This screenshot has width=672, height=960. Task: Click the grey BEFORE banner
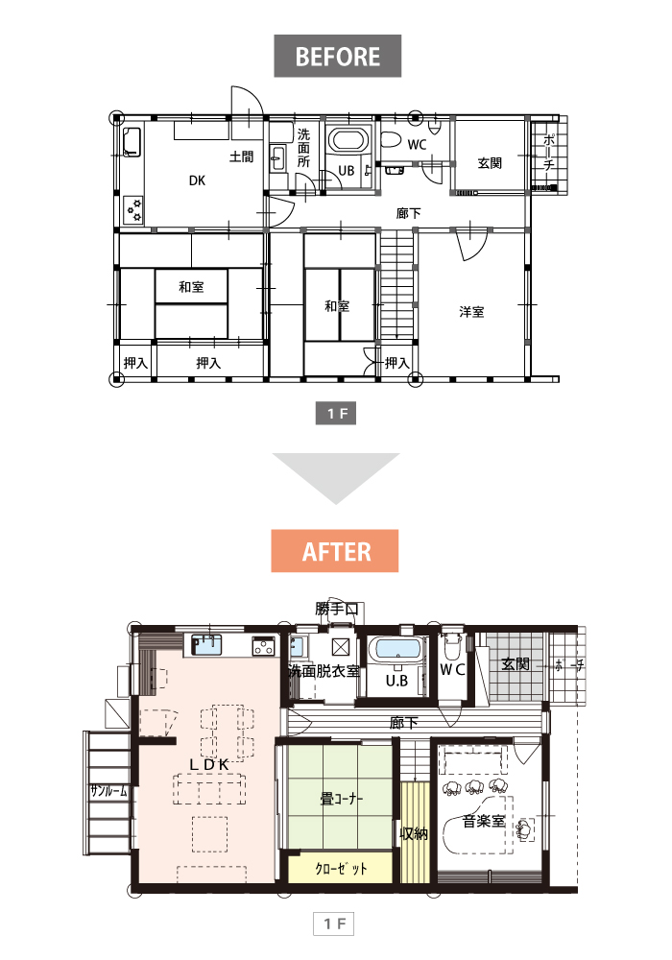[337, 56]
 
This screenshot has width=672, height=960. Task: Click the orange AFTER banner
[335, 551]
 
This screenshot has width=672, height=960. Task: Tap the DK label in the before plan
[197, 180]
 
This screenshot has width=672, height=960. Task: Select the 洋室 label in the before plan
[472, 312]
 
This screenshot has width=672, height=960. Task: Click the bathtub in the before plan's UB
[348, 139]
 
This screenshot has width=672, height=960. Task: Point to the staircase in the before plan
[397, 284]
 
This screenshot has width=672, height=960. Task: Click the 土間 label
[241, 156]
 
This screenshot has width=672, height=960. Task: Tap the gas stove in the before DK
[134, 209]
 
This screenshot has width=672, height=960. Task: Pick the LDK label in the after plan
[208, 765]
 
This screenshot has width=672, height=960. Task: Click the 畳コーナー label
[342, 799]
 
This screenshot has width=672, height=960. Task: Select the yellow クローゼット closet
[340, 868]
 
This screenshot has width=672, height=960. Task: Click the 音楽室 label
[484, 821]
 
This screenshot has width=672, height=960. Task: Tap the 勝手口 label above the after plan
[337, 609]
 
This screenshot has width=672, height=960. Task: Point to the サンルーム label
[108, 790]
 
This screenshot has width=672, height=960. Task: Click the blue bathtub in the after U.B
[397, 649]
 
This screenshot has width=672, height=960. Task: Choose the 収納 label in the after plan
[414, 833]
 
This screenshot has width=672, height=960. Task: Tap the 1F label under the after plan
[334, 924]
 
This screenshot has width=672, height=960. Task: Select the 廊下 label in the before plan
[408, 213]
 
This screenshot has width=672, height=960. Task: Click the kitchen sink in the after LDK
[206, 645]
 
